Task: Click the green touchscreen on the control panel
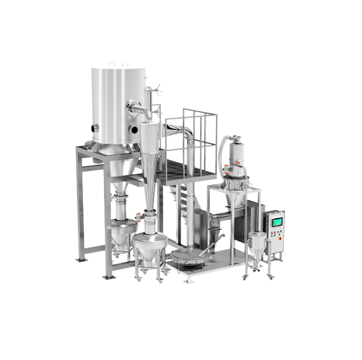pos(277,222)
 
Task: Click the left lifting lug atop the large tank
pos(112,65)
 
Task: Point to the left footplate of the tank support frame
pos(81,259)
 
